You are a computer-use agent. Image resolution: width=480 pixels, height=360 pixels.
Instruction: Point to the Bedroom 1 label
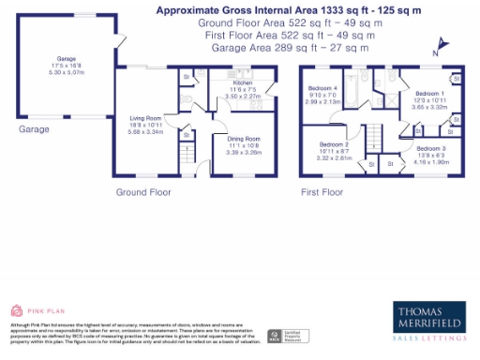429,94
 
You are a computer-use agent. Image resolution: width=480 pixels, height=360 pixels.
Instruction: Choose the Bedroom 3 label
431,148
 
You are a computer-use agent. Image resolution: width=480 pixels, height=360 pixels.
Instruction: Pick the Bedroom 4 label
323,88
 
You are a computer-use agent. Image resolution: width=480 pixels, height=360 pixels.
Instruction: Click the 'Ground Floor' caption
142,191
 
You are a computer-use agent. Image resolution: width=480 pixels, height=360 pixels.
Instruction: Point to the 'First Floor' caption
324,191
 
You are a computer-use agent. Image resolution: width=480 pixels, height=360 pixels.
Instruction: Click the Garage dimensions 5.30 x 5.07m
66,69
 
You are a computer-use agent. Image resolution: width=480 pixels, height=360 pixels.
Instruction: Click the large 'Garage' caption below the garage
33,129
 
